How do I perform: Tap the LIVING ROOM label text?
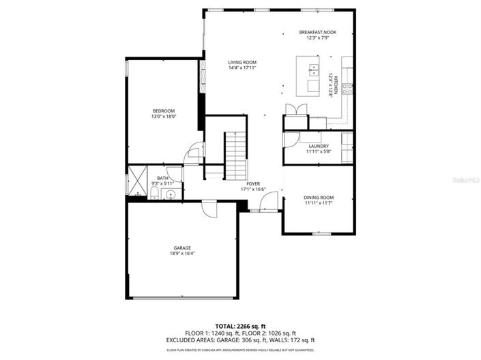(x=242, y=62)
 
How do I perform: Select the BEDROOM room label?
(x=164, y=111)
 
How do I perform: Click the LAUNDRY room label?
(x=319, y=146)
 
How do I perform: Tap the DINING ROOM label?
(x=318, y=198)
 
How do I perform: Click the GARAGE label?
(x=182, y=247)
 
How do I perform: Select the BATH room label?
(x=162, y=178)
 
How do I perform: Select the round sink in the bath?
(x=170, y=195)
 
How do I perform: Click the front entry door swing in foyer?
(x=271, y=202)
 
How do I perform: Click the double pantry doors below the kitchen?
(x=292, y=110)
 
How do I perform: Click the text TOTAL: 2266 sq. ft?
(x=241, y=327)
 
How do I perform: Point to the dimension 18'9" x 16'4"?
(x=182, y=254)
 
